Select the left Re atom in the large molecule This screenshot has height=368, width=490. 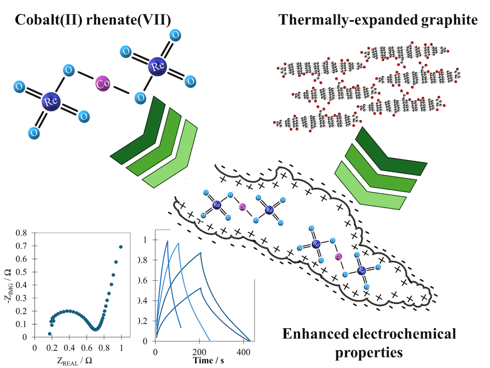point(49,101)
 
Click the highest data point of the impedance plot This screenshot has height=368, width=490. point(121,247)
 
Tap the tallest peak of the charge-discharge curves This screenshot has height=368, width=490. point(167,241)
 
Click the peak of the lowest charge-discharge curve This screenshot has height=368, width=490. point(200,287)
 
